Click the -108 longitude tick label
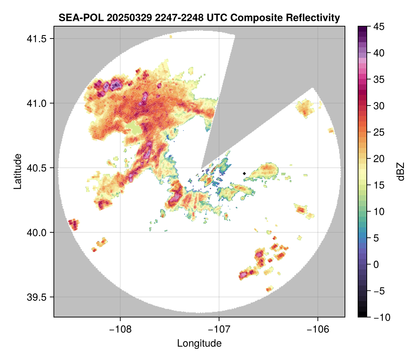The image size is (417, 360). point(120,329)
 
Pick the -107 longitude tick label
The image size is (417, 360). point(219,329)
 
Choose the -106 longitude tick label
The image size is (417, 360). point(318,329)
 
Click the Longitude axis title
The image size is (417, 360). point(199,343)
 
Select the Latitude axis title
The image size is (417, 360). point(17,171)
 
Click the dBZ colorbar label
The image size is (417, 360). point(400,171)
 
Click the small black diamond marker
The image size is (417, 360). point(245,173)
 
